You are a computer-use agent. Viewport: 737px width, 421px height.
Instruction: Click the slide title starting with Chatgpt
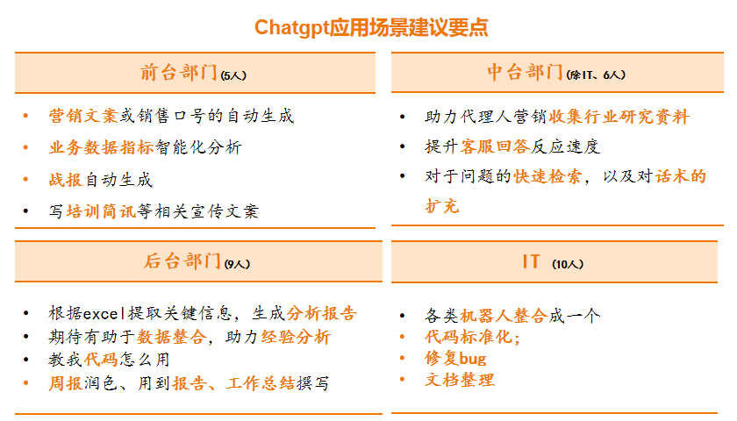tap(371, 27)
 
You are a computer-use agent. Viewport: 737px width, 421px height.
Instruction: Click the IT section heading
tap(531, 261)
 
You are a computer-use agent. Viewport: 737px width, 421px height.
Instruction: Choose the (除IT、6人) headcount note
tap(597, 75)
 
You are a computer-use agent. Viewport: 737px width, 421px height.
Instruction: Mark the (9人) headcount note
tap(238, 264)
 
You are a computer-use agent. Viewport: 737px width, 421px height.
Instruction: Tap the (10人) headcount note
tap(569, 264)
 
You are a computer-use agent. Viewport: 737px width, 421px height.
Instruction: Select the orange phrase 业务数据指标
tap(101, 147)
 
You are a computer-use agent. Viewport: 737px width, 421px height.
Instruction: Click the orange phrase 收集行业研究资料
tap(619, 117)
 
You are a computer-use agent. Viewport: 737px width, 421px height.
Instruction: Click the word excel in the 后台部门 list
tap(105, 313)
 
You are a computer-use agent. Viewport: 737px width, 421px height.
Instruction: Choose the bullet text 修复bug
tap(455, 358)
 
